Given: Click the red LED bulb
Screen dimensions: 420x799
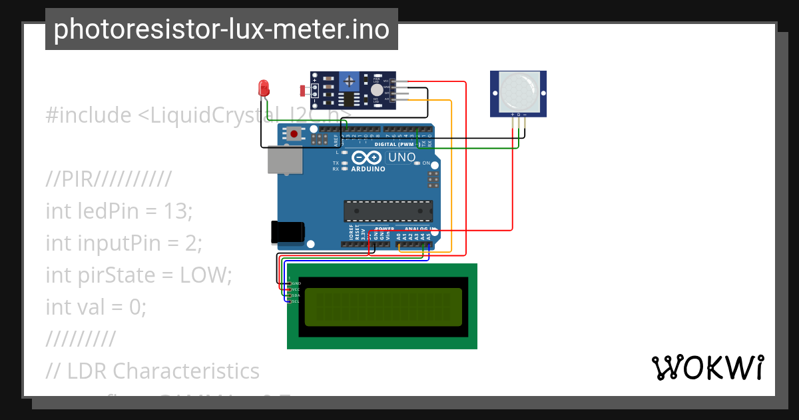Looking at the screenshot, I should coord(264,87).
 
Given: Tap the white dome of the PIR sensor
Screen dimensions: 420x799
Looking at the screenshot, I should coord(518,91).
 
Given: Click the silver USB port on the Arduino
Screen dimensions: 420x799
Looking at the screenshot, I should coord(284,161).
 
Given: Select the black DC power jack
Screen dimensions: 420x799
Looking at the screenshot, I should coord(287,231).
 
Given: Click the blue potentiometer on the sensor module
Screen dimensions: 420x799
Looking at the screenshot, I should coord(348,82).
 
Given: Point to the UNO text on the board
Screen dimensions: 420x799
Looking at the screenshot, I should coord(401,158).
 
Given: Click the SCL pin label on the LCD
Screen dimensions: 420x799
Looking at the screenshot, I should coord(296,301).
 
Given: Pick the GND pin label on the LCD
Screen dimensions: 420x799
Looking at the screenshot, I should coord(296,283).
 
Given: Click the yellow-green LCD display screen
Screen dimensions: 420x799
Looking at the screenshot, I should coord(384,307).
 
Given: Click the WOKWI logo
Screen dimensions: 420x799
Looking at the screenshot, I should coord(707,367).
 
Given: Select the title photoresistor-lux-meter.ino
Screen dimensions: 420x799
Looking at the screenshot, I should coord(221,29).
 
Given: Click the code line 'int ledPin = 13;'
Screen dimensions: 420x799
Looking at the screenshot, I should coord(119,211).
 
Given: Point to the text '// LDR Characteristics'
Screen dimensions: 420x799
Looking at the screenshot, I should coord(152,371).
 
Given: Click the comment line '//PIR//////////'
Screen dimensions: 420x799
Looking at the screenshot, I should coord(109,179).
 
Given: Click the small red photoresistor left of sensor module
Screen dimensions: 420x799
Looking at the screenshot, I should coord(303,90).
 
